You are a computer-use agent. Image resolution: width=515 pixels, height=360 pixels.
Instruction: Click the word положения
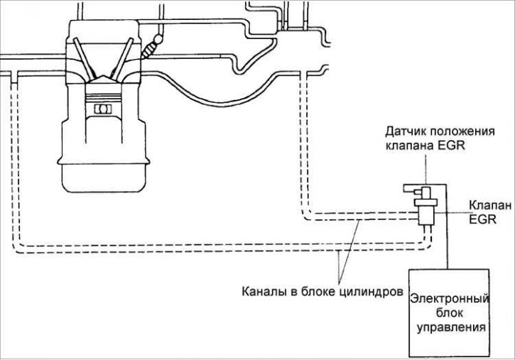click(460, 132)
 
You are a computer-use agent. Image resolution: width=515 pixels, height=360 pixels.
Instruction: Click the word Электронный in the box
click(448, 299)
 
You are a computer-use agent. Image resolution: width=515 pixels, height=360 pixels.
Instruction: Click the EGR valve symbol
click(425, 210)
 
